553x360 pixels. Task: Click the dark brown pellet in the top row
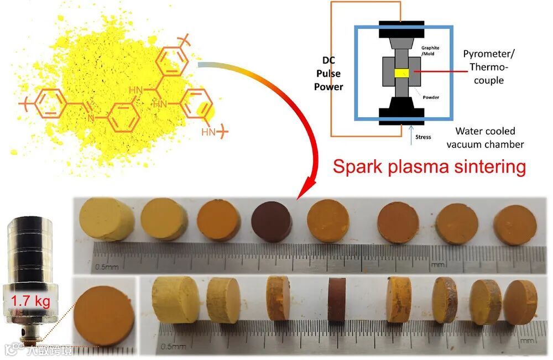(272, 221)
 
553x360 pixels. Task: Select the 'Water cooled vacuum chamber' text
(486, 138)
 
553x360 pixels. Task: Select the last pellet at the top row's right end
(514, 225)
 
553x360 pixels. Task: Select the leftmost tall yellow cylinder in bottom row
(175, 300)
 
